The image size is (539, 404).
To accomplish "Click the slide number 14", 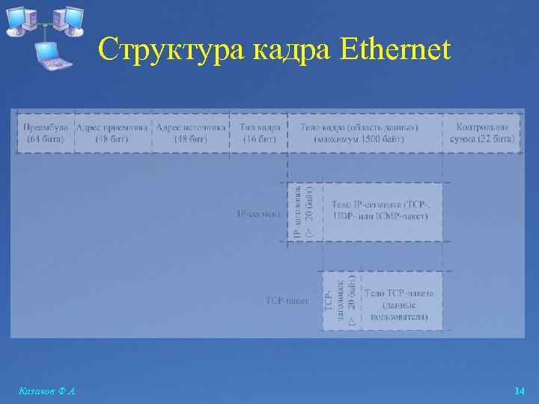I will [519, 391].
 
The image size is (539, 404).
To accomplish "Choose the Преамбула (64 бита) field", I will [46, 132].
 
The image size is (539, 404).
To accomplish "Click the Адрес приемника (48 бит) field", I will [112, 132].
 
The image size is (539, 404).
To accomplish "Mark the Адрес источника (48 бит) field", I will [190, 132].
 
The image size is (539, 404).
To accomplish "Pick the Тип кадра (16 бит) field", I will [258, 132].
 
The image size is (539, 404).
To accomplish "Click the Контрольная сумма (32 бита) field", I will [482, 132].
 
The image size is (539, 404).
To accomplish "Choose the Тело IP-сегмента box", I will [381, 212].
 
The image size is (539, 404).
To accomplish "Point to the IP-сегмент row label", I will [259, 214].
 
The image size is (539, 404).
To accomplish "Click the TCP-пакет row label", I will [287, 300].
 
